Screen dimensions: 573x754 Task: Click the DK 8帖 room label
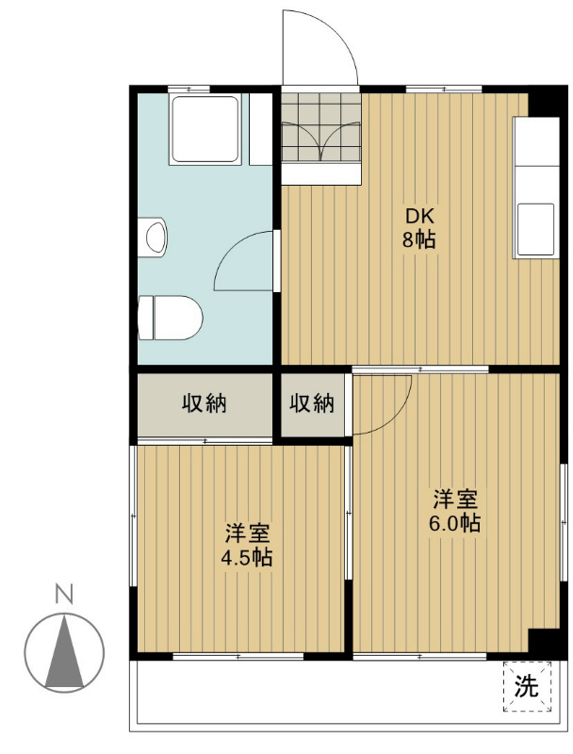click(x=419, y=228)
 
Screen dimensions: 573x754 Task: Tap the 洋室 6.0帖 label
click(x=455, y=511)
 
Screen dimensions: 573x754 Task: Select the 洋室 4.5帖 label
click(x=247, y=545)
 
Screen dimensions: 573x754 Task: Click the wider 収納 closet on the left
click(x=205, y=404)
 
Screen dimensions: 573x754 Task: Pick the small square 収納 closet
click(x=313, y=404)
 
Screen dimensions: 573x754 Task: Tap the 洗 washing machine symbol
click(x=527, y=686)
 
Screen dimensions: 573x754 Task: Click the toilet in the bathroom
click(x=171, y=318)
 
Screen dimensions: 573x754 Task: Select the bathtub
click(x=205, y=129)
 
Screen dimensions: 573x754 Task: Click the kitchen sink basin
click(x=536, y=229)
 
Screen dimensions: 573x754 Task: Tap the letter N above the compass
click(x=64, y=594)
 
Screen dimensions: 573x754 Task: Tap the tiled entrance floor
click(x=320, y=126)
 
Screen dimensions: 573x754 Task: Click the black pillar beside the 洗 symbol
click(x=544, y=642)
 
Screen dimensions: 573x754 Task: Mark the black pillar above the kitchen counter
click(x=545, y=101)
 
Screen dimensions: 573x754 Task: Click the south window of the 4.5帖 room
click(x=238, y=656)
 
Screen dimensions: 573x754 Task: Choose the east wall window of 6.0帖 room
click(x=564, y=523)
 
